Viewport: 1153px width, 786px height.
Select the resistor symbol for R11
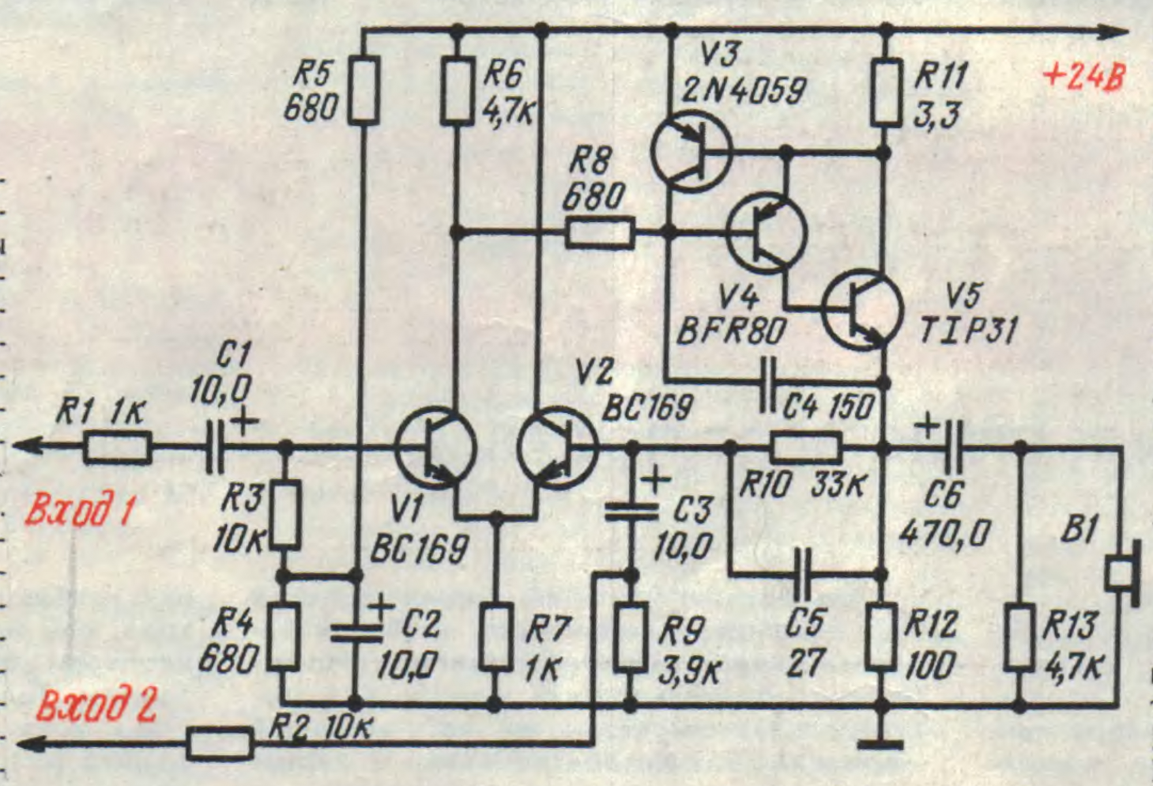[886, 92]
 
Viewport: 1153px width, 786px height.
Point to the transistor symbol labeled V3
[691, 152]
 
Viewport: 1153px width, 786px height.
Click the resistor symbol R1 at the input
[118, 447]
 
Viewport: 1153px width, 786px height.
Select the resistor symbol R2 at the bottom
[220, 744]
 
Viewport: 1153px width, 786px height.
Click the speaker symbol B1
[1124, 574]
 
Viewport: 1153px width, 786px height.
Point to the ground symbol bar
[880, 745]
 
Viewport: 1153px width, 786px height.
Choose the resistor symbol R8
[600, 233]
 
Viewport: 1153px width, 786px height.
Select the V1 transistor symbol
[436, 447]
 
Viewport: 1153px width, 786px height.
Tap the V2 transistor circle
[557, 447]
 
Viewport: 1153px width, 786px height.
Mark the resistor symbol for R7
[496, 637]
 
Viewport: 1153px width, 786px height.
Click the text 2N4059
[744, 91]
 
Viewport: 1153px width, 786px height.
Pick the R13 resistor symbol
[1019, 637]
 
